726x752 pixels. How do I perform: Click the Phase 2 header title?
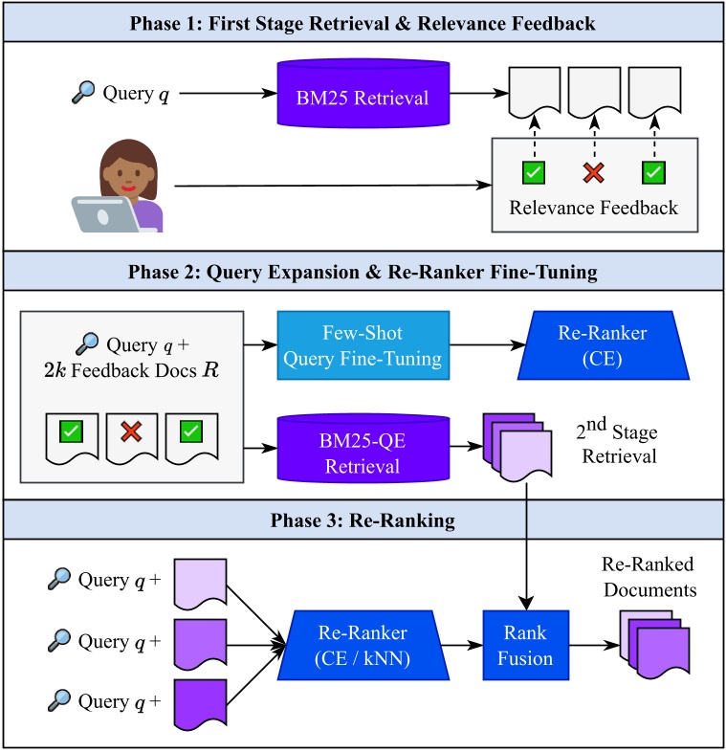point(363,273)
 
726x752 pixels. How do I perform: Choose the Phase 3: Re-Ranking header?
point(363,522)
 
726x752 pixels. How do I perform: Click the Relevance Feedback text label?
point(594,208)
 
